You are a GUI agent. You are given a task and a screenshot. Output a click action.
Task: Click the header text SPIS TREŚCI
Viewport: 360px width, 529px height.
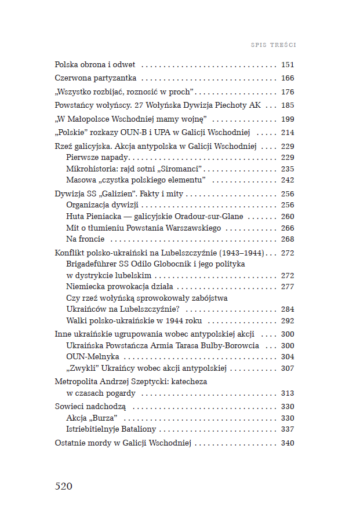pos(273,44)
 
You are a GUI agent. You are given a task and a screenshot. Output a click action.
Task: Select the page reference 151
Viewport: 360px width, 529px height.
pos(288,65)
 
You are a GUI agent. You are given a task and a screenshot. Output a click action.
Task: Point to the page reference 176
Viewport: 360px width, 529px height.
pos(288,92)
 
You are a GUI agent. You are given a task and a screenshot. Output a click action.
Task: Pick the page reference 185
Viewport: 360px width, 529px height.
pos(288,105)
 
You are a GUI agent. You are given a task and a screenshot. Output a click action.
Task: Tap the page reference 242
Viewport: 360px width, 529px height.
pos(288,180)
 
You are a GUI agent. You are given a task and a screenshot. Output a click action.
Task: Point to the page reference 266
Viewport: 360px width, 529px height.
pos(288,228)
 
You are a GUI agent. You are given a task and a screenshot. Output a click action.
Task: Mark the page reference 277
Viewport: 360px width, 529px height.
pos(288,287)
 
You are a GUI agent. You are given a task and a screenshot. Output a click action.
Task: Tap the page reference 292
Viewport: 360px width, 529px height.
pos(288,320)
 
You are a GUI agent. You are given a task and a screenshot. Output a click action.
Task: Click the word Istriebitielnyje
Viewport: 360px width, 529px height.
pos(95,429)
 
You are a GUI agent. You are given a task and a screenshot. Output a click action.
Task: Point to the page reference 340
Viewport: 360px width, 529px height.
pos(288,443)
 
